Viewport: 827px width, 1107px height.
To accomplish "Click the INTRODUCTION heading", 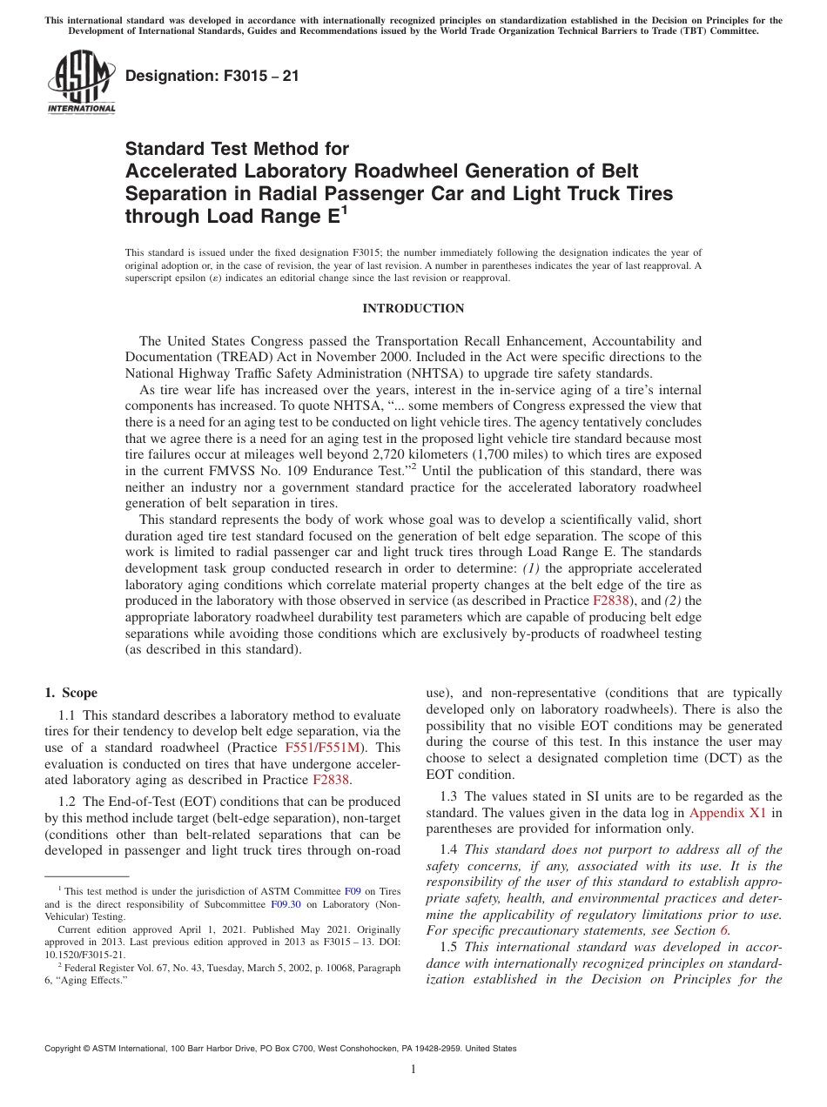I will pyautogui.click(x=413, y=309).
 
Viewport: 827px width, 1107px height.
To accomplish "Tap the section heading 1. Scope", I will pyautogui.click(x=71, y=693).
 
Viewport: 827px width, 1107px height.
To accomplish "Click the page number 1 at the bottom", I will pyautogui.click(x=413, y=1070).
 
